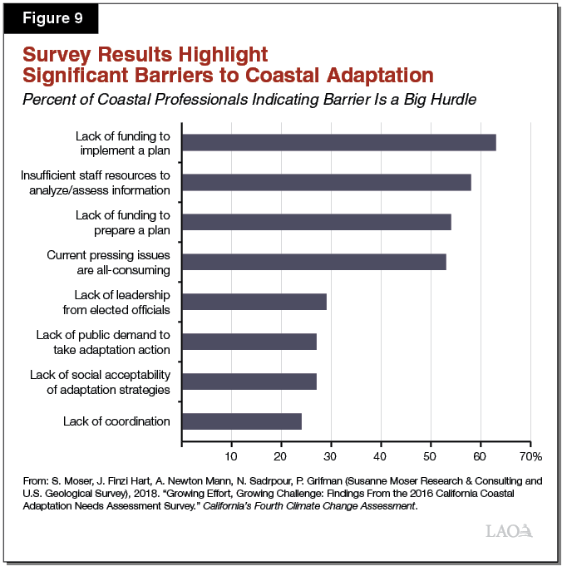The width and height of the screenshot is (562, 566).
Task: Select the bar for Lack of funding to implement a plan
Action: [x=338, y=142]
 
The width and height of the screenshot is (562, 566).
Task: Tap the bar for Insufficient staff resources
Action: [x=326, y=182]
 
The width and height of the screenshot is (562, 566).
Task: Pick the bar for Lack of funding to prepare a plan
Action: [x=316, y=222]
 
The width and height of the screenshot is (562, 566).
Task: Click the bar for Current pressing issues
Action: [x=313, y=262]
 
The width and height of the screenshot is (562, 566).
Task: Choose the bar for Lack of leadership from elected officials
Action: [x=254, y=301]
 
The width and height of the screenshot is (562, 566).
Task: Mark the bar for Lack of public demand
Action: [x=249, y=341]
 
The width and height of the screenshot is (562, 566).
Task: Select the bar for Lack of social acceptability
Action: [x=249, y=381]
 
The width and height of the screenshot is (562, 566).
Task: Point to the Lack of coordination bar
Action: [x=241, y=421]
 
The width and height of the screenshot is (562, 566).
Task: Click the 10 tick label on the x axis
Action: [x=231, y=455]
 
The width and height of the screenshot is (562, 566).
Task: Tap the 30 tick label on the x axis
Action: [x=331, y=455]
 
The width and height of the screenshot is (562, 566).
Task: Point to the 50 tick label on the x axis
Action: [x=431, y=455]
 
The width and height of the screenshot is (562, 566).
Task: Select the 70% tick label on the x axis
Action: [x=530, y=455]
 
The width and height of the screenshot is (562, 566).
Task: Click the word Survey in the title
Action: [x=59, y=56]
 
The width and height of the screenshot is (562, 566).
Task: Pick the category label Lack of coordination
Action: [x=116, y=421]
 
